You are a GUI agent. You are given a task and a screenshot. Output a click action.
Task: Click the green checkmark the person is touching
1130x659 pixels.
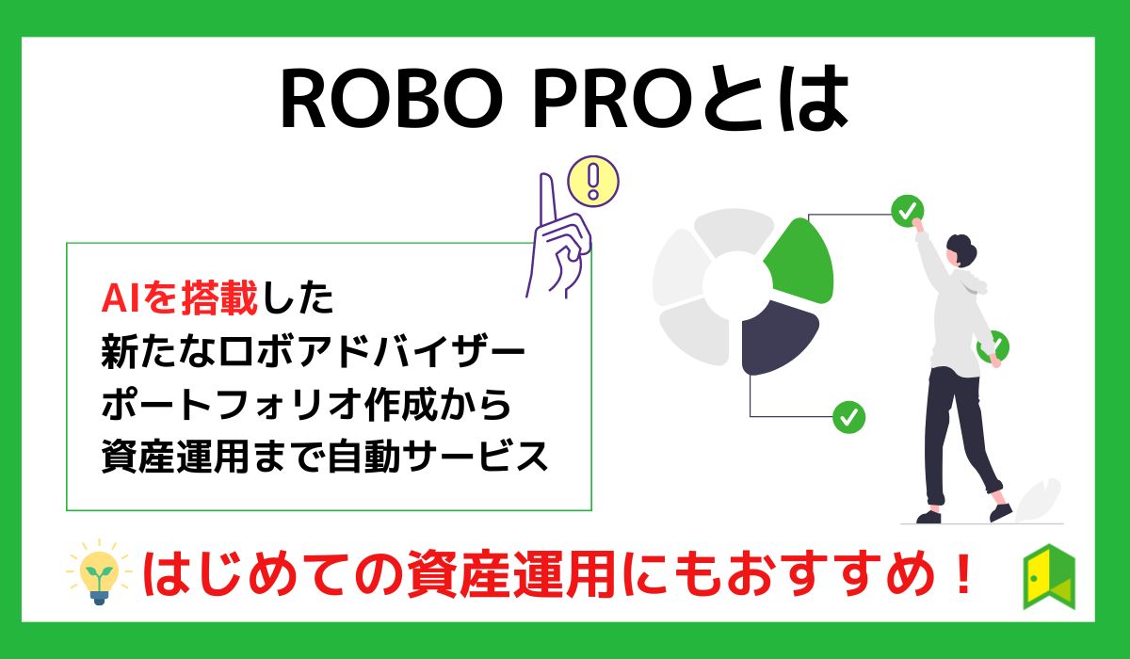click(907, 211)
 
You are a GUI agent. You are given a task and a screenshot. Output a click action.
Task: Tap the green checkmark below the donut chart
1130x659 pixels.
click(848, 415)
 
